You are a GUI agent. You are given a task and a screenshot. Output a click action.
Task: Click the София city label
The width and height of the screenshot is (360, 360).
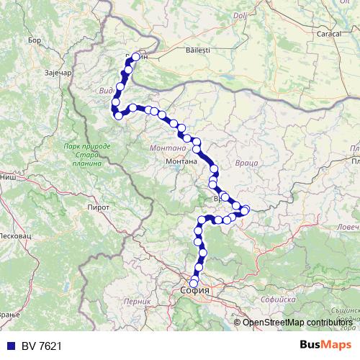click(195, 291)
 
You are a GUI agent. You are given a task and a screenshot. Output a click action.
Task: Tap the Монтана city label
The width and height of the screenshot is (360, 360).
click(184, 162)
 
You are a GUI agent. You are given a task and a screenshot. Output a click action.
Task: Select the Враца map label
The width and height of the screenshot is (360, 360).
click(246, 164)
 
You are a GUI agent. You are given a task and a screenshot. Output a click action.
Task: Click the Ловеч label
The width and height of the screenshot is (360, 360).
click(348, 226)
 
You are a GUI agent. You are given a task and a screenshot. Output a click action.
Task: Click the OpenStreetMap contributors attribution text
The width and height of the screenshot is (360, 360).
click(297, 322)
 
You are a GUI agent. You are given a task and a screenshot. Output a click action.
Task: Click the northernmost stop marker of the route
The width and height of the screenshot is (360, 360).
click(135, 56)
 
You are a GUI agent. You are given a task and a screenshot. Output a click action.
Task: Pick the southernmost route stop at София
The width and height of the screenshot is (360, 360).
click(193, 283)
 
